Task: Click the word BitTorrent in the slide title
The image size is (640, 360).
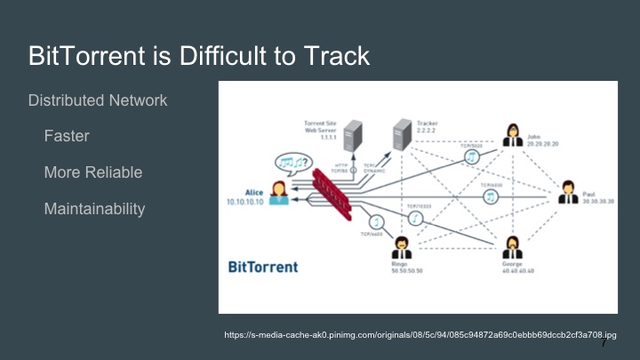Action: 83,57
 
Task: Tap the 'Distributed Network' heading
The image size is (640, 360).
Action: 98,100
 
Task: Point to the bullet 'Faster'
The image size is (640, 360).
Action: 67,137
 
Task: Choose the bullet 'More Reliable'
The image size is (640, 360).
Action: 93,172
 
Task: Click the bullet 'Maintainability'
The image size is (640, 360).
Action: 95,209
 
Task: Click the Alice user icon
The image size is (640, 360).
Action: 278,191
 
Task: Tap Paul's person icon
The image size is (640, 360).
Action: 568,191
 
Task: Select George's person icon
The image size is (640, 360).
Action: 513,244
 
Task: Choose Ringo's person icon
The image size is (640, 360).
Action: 402,244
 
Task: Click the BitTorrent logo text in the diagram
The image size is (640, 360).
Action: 263,266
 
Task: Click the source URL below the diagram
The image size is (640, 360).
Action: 420,335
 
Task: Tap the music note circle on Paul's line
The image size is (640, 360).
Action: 489,196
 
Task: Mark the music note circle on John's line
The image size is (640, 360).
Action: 473,156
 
